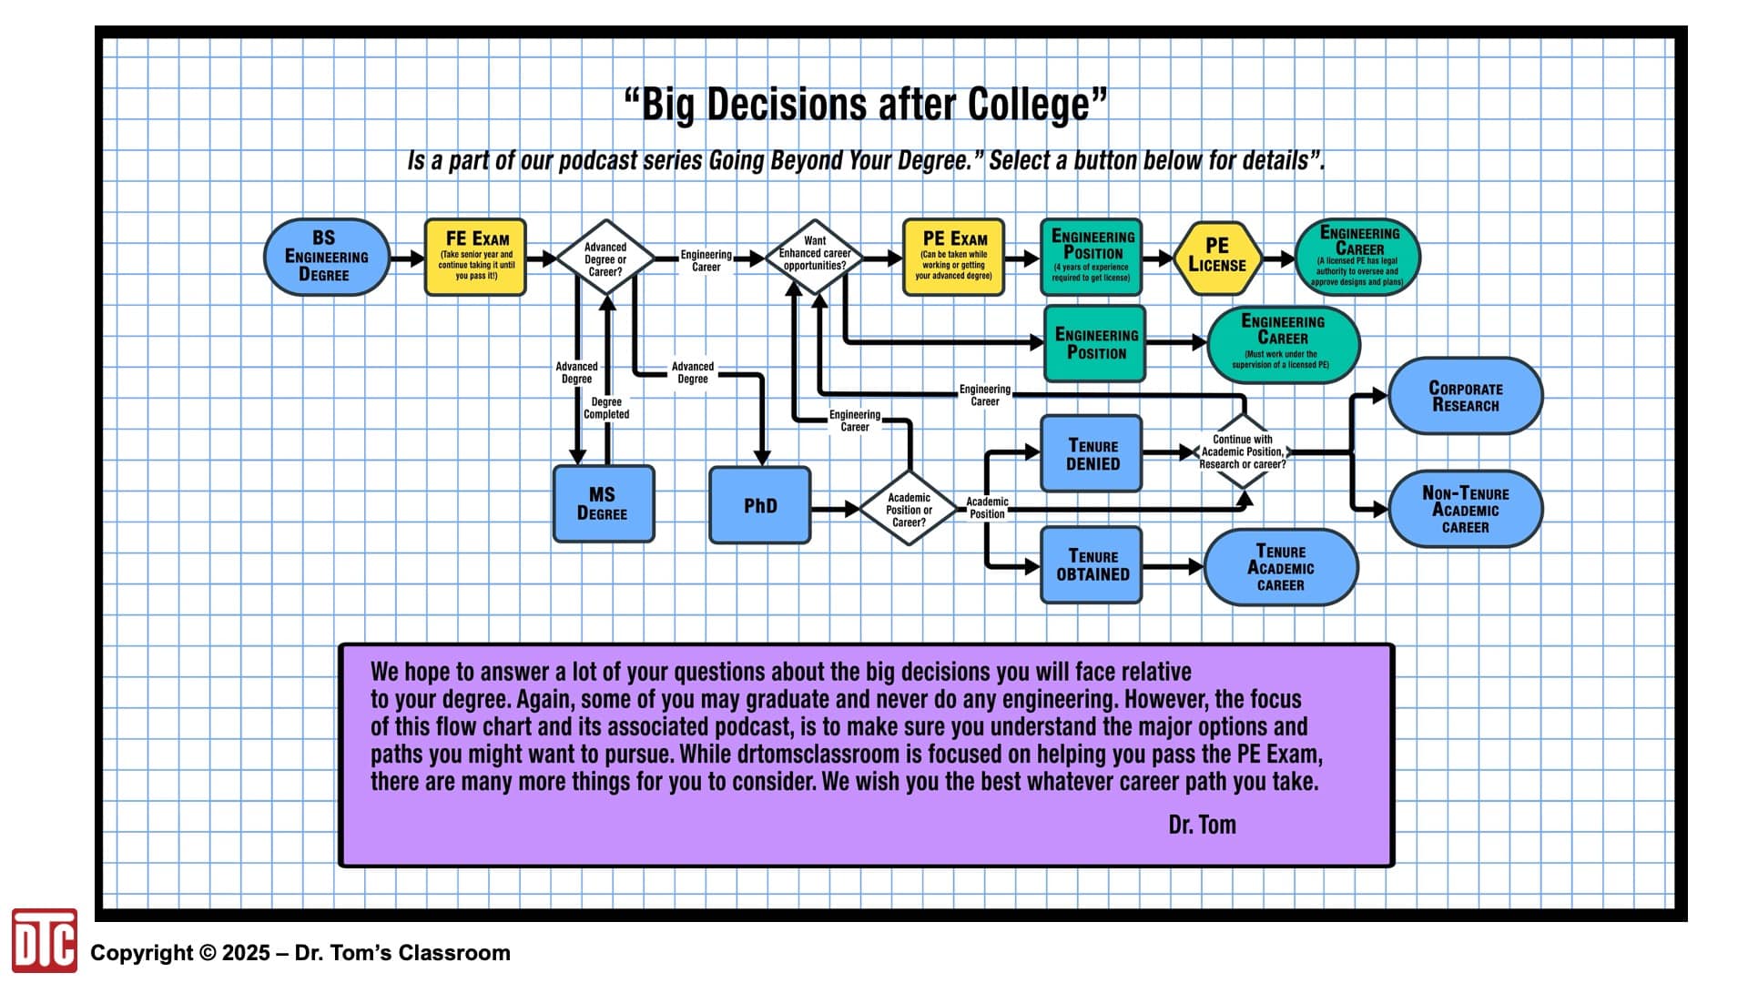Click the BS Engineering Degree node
point(327,257)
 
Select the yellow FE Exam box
point(475,257)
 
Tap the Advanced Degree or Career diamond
point(605,258)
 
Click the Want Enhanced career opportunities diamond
point(815,258)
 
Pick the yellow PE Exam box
point(953,257)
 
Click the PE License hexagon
point(1217,258)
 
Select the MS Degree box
point(604,504)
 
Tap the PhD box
point(760,505)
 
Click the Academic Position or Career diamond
point(909,509)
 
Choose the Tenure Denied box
point(1092,453)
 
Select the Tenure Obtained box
point(1092,565)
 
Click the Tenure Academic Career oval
point(1281,567)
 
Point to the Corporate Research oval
point(1466,396)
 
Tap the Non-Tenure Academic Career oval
point(1466,509)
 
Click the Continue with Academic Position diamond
point(1243,451)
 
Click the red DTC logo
point(44,940)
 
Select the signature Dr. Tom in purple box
point(1202,825)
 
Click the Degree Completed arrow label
point(606,408)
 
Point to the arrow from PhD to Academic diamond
point(835,509)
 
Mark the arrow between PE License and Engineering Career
point(1278,258)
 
